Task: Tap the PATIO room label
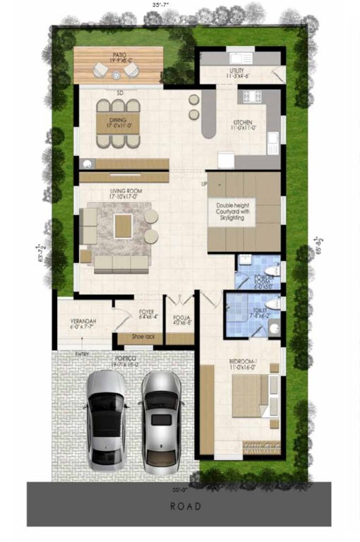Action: [x=119, y=54]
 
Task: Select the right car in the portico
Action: [x=162, y=421]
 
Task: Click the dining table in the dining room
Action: [x=119, y=124]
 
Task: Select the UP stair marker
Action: [x=205, y=184]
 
